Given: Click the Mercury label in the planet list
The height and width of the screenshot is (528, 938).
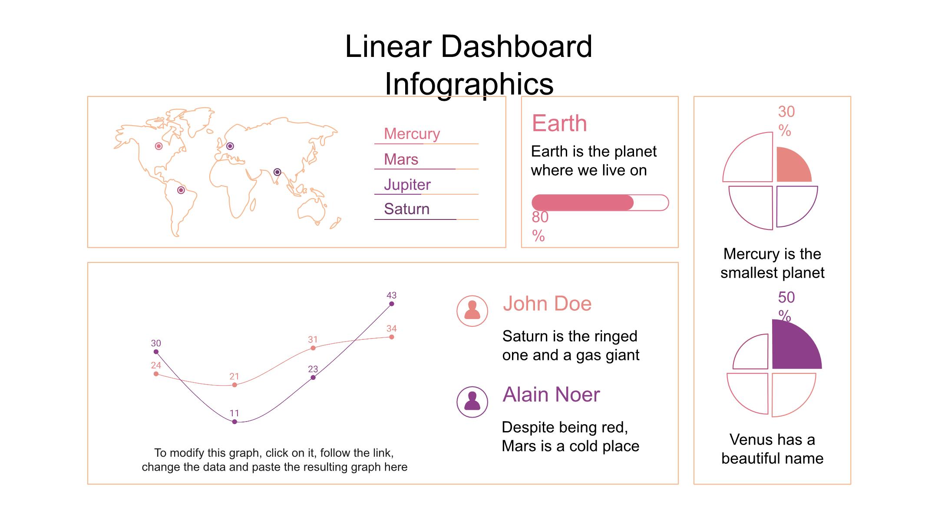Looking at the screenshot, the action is click(412, 134).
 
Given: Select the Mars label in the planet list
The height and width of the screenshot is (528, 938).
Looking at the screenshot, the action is click(401, 159).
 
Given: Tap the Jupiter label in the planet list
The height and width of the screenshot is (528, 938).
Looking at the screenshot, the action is click(407, 185).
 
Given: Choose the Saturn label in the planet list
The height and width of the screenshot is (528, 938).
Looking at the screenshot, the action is click(406, 209).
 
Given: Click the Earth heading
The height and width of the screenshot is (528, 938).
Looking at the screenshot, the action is click(559, 123).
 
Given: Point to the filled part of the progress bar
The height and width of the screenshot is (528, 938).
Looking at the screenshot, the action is click(582, 203).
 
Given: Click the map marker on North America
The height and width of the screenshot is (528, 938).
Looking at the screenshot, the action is click(159, 146).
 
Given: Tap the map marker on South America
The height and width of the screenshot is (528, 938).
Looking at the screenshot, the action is click(181, 190).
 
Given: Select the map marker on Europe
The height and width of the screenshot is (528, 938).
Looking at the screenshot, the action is click(230, 146).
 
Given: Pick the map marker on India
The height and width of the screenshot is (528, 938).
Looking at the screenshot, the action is click(277, 172).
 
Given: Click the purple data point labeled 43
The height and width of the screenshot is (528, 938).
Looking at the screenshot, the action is click(391, 304).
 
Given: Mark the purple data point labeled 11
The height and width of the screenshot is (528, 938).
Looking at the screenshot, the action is click(234, 422).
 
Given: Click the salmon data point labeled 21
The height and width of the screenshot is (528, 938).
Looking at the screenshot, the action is click(234, 385).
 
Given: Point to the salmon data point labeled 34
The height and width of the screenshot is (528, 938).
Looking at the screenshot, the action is click(391, 337).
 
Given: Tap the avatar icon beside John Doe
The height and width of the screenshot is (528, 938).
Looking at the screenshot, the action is click(472, 311).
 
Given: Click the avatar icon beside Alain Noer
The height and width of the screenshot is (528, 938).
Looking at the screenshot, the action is click(472, 402).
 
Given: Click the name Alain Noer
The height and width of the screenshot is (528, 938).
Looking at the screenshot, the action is click(551, 395).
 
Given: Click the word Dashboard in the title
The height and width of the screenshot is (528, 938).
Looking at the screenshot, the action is click(516, 46).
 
